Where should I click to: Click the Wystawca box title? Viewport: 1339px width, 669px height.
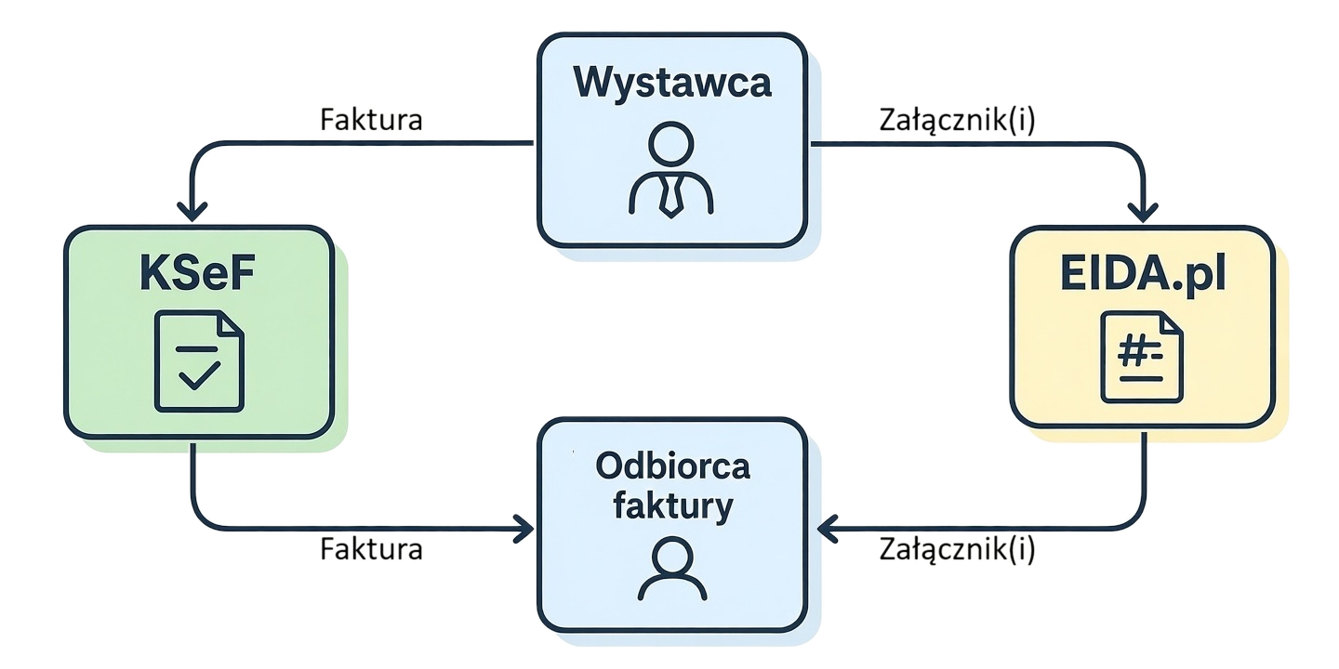coord(672,83)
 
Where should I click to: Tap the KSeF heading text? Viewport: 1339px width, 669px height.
coord(197,276)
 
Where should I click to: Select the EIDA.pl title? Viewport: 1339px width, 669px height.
coord(1143,275)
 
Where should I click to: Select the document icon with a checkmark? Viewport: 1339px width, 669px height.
coord(199,362)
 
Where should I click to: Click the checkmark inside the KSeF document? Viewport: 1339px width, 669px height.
coord(199,375)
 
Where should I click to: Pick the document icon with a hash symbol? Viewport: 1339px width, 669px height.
coord(1142,358)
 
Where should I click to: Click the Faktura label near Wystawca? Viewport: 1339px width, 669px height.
coord(371,120)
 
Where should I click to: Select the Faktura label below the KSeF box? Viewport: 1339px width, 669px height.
coord(371,549)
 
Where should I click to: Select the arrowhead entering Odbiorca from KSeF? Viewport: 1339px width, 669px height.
coord(524,530)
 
